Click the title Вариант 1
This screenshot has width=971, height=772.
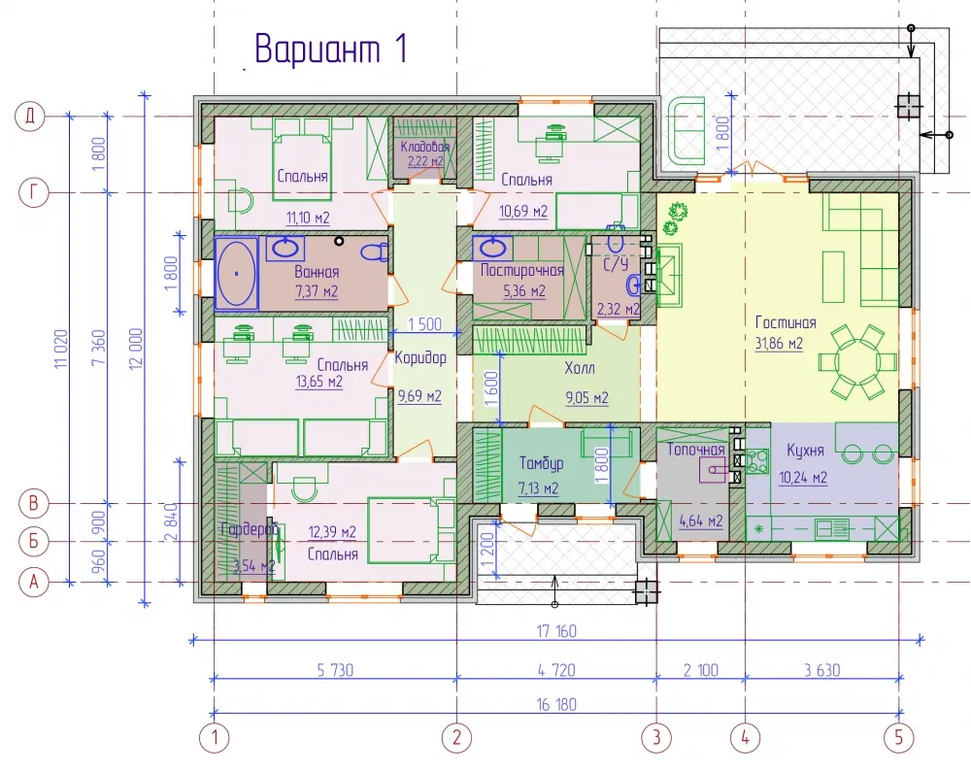(x=331, y=49)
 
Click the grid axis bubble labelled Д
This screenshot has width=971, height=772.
(x=30, y=117)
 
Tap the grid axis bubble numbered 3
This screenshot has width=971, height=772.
(x=656, y=737)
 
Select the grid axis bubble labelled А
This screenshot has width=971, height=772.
(x=33, y=582)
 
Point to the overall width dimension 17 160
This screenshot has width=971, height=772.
(x=556, y=631)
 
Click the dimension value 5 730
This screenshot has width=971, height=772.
(x=335, y=670)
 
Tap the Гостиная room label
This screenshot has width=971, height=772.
(x=786, y=322)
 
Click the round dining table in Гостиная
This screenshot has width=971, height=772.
(x=857, y=361)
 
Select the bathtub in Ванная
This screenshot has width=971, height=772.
(x=236, y=273)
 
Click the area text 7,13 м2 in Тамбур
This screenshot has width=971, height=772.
(x=538, y=488)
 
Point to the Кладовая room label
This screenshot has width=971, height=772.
(x=425, y=147)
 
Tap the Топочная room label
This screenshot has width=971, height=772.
(x=695, y=450)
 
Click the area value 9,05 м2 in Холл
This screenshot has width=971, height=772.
(x=587, y=397)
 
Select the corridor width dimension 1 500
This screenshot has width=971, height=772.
(x=425, y=323)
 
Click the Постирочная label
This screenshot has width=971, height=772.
(x=522, y=271)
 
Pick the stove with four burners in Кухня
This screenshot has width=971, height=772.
(x=756, y=461)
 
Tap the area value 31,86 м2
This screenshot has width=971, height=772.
(x=779, y=343)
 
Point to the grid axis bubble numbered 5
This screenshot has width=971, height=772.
(x=898, y=737)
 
